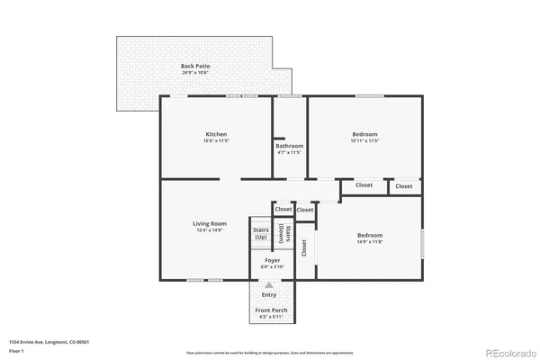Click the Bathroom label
pyautogui.click(x=289, y=146)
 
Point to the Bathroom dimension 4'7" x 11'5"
pyautogui.click(x=289, y=153)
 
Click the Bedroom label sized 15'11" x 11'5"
pyautogui.click(x=364, y=134)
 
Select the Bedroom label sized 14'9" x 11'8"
pyautogui.click(x=370, y=235)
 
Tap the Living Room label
pyautogui.click(x=209, y=223)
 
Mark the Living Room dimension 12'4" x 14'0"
pyautogui.click(x=209, y=230)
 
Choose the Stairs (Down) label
pyautogui.click(x=282, y=234)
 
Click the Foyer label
pyautogui.click(x=272, y=260)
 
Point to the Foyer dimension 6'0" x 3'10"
pyautogui.click(x=272, y=267)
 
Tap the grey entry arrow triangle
pyautogui.click(x=269, y=284)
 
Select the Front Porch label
pyautogui.click(x=272, y=310)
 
